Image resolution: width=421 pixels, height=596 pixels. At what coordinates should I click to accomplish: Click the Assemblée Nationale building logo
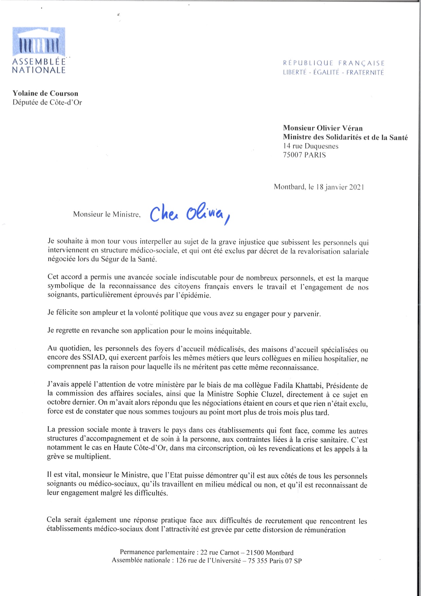[39, 42]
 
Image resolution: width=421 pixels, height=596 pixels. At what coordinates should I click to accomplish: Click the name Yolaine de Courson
[45, 93]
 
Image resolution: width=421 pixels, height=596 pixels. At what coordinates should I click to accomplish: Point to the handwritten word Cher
[164, 214]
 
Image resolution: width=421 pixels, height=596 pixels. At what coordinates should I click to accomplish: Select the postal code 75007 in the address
[293, 155]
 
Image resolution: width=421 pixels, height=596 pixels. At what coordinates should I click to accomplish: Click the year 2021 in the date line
[356, 187]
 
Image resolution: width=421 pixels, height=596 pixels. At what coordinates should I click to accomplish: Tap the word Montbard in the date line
[289, 187]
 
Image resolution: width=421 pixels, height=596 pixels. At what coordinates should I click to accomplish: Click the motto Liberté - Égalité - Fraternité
[333, 72]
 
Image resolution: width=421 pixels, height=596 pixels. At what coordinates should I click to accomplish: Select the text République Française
[334, 63]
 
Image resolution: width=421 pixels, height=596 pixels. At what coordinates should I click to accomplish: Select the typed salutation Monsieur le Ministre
[107, 215]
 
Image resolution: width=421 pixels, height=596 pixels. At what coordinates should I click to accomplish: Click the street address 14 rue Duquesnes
[311, 146]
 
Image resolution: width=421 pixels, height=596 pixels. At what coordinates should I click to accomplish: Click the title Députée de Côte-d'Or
[47, 102]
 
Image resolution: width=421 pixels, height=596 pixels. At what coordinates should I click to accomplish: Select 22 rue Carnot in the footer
[220, 552]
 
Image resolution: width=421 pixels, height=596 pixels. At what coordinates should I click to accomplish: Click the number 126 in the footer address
[181, 561]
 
